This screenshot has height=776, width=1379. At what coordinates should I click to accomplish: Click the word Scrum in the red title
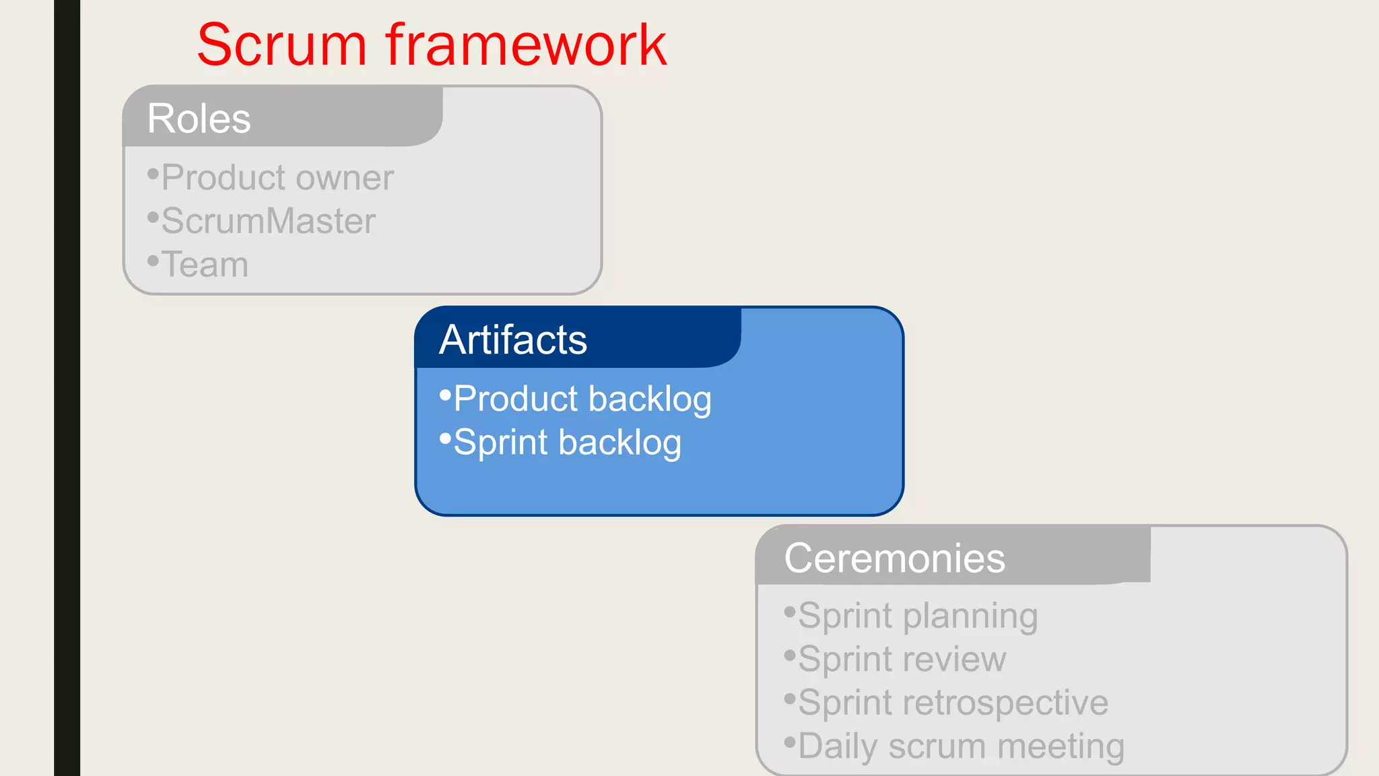(x=281, y=46)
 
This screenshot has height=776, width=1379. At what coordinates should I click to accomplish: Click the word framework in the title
(x=526, y=46)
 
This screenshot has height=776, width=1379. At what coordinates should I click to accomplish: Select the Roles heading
(x=199, y=119)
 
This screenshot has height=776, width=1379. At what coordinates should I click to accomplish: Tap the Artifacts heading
(x=513, y=339)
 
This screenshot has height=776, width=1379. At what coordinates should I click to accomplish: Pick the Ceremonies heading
(x=894, y=558)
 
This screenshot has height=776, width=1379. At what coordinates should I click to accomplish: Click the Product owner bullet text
(x=277, y=178)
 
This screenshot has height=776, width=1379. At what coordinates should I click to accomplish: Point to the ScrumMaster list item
(x=268, y=221)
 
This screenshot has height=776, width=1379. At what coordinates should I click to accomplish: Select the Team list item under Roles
(x=205, y=264)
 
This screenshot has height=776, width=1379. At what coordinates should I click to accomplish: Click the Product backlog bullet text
(x=582, y=399)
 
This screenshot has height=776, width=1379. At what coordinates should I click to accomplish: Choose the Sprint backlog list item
(x=567, y=443)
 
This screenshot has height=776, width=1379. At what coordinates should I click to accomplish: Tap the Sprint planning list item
(x=917, y=616)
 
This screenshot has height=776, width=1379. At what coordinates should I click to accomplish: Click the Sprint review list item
(x=902, y=659)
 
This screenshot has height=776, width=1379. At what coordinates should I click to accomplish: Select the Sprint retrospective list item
(x=953, y=703)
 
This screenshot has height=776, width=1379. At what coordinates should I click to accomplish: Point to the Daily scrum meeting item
(x=961, y=746)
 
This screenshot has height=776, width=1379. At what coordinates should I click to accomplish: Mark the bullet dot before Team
(x=153, y=261)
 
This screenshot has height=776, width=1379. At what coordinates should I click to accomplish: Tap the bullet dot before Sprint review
(x=790, y=655)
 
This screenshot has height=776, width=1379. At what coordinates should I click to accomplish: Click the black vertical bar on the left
(x=67, y=388)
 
